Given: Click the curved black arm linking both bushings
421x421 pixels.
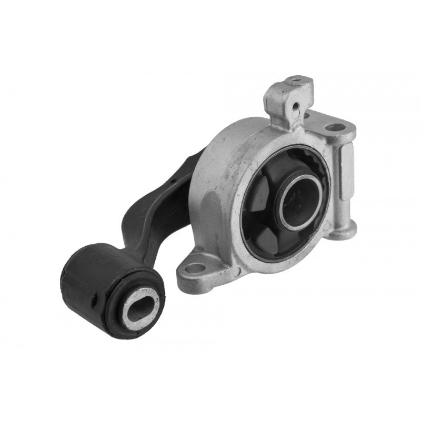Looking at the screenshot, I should coord(158,205).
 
